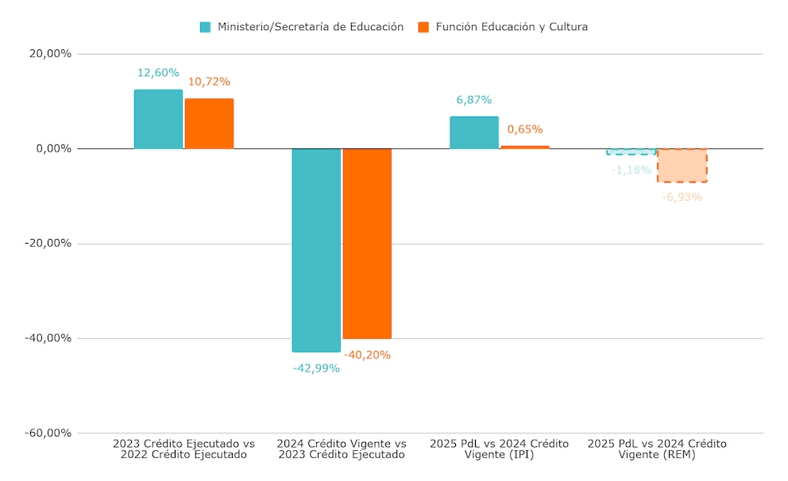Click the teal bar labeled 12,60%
click(158, 119)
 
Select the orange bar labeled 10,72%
click(209, 124)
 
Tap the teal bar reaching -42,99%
click(316, 250)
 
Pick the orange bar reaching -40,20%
click(367, 244)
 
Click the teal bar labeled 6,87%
click(474, 133)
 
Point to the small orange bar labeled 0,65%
click(525, 147)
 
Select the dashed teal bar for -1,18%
click(632, 152)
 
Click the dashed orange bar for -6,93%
click(682, 165)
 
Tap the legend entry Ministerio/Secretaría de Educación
click(302, 27)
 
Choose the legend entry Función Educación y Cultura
click(503, 27)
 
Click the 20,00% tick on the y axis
click(49, 54)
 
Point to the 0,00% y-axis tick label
click(52, 148)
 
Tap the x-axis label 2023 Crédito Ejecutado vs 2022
click(183, 449)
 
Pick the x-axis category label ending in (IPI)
click(499, 449)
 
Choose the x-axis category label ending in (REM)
click(657, 449)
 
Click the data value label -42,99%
click(316, 368)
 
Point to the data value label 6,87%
click(474, 100)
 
